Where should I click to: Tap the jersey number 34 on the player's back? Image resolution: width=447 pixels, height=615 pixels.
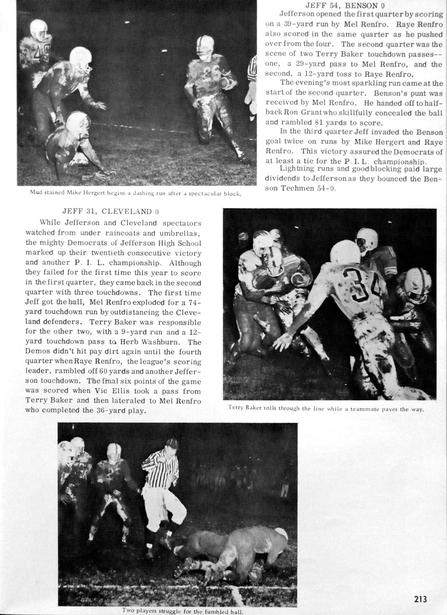(364, 281)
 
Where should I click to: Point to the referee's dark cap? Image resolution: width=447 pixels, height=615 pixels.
(172, 443)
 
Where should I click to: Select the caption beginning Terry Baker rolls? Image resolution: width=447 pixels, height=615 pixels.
(329, 408)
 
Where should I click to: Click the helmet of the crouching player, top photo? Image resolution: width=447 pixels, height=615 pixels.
(77, 121)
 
